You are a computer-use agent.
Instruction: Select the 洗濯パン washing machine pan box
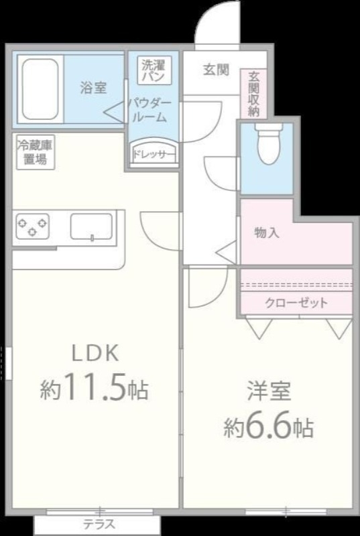(155, 71)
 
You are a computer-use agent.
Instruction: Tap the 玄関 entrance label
(216, 70)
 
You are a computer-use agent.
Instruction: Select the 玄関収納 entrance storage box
(253, 94)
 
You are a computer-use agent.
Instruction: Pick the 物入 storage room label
(266, 232)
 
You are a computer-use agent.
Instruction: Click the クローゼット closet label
(296, 303)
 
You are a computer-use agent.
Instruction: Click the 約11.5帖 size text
(94, 389)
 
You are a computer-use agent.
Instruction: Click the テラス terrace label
(99, 525)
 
